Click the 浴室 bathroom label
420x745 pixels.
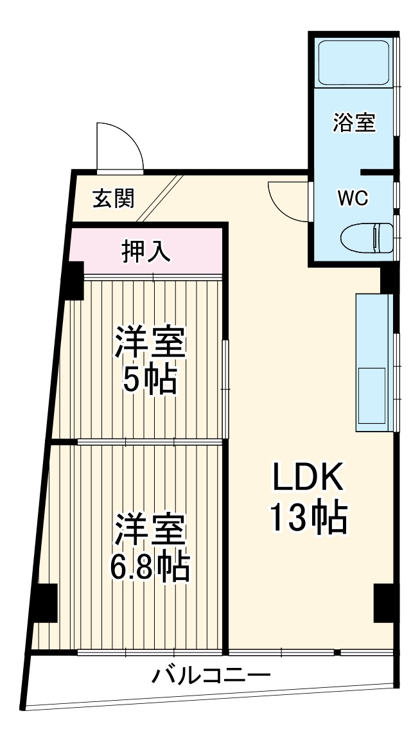coord(354,122)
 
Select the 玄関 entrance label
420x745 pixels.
coord(113,199)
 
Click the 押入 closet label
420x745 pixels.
coord(146,252)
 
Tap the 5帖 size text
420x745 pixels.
coord(150,380)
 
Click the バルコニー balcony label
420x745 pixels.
coord(211,676)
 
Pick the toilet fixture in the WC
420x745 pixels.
coord(367,238)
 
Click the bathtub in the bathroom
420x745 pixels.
coord(354,63)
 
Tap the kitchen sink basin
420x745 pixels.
coord(371,396)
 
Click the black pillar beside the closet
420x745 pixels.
coord(73,280)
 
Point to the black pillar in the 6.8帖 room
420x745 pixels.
coord(45,602)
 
